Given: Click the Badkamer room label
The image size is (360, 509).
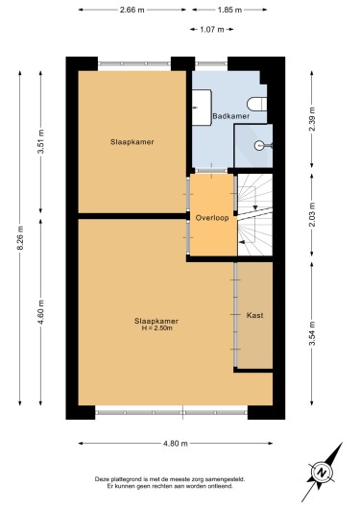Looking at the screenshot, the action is coord(230,116).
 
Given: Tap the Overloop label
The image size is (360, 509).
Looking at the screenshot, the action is coord(212,218).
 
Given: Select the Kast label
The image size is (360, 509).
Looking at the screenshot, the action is coord(254,315).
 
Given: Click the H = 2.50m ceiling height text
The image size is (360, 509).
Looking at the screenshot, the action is coord(156,328).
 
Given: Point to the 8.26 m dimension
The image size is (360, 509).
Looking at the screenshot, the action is coord(20,238).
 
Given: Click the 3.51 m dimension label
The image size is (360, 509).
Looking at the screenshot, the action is coord(40,142).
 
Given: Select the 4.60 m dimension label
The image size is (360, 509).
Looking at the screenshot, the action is coord(40,312).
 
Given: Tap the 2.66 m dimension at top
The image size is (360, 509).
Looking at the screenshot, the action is coord(132,10).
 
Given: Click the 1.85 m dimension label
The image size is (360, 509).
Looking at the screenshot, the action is coord(229,10).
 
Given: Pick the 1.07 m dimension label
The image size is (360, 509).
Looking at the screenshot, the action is coord(212,30).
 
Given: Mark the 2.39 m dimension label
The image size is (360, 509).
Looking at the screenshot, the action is coord(312,119).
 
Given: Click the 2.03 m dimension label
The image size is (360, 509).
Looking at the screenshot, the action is coord(312,214).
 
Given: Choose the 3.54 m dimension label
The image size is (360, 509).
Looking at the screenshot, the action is coord(312,333).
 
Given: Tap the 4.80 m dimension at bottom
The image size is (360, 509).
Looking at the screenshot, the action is coord(176,444).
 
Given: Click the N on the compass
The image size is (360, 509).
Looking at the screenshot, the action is coord(322,473).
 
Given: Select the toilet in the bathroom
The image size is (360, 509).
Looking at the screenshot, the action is coord(257,105).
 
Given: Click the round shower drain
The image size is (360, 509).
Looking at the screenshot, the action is coord(259,145).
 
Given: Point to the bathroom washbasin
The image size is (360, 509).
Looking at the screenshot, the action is coord(202,108).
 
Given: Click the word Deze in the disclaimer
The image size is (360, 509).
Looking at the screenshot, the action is coord(101,479).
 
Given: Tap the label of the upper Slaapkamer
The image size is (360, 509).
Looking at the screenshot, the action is coord(132,142).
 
